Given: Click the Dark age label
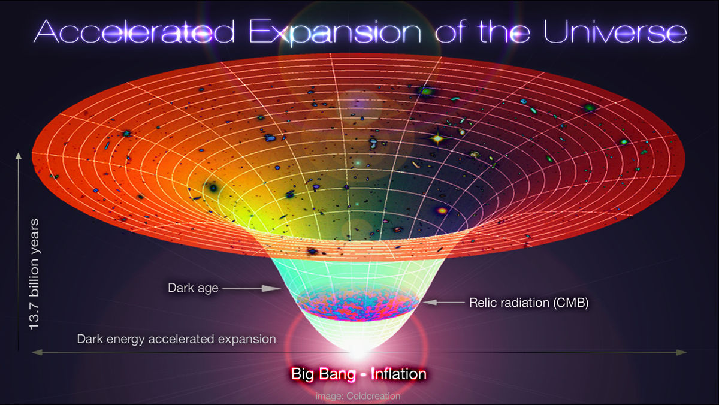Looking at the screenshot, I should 193,288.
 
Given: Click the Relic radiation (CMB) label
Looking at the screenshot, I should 529,303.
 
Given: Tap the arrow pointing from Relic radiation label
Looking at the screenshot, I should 443,303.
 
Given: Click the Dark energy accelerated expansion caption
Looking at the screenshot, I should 176,339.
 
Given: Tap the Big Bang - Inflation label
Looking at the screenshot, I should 359,375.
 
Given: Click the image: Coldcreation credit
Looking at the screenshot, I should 358,396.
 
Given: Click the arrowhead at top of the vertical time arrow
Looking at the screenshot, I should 19,157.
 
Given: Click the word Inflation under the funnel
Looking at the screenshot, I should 398,375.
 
